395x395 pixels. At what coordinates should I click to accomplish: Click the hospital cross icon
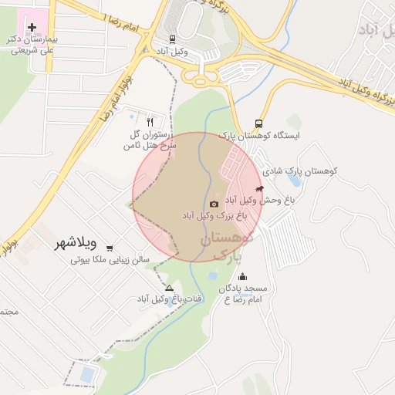[32, 27]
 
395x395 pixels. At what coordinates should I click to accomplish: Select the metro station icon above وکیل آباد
[171, 38]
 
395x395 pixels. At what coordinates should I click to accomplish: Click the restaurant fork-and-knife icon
[150, 121]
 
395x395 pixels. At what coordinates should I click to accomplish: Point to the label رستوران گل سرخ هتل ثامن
[150, 139]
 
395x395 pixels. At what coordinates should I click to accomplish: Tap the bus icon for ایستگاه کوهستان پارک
[258, 123]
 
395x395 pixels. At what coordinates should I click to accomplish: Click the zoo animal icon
[258, 188]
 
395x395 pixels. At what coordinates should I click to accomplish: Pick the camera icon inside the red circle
[214, 204]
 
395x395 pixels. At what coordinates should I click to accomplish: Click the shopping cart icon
[110, 248]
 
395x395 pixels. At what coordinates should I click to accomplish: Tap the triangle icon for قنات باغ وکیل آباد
[169, 288]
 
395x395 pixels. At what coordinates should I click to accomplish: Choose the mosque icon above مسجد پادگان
[243, 277]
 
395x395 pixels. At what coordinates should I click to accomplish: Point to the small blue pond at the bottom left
[87, 375]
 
